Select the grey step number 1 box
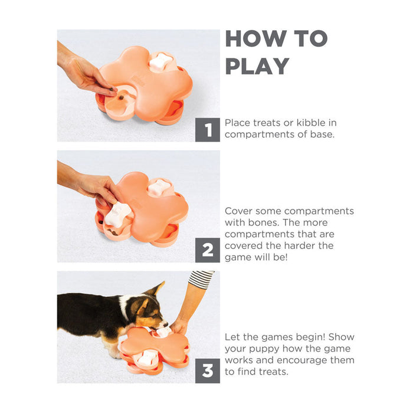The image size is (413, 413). [x=207, y=130]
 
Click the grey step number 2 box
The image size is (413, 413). [x=207, y=250]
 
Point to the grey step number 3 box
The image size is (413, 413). [x=207, y=371]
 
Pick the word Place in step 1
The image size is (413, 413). [x=239, y=123]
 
